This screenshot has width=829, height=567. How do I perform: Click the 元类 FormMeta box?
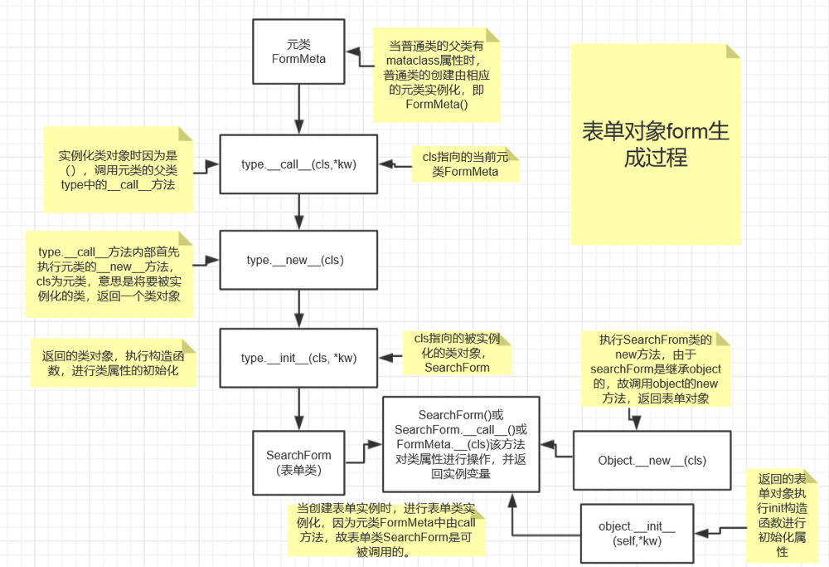tap(298, 51)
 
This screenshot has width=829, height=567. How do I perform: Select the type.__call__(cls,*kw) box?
tap(298, 164)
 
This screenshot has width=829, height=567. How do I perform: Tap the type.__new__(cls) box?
tap(298, 260)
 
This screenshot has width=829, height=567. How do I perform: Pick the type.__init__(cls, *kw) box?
tap(298, 358)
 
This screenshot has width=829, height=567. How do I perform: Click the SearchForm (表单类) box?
tap(298, 462)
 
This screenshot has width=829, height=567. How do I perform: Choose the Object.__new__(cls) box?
tap(652, 461)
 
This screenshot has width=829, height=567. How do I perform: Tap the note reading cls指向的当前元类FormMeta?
tap(465, 164)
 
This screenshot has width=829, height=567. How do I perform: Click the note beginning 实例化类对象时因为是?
tap(117, 169)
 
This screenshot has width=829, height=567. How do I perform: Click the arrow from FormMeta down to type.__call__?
tap(298, 109)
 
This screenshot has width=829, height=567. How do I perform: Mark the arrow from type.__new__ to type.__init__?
tap(298, 309)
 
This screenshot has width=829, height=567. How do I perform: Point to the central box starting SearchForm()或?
tap(461, 444)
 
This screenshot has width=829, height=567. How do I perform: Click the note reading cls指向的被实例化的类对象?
tap(457, 353)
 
